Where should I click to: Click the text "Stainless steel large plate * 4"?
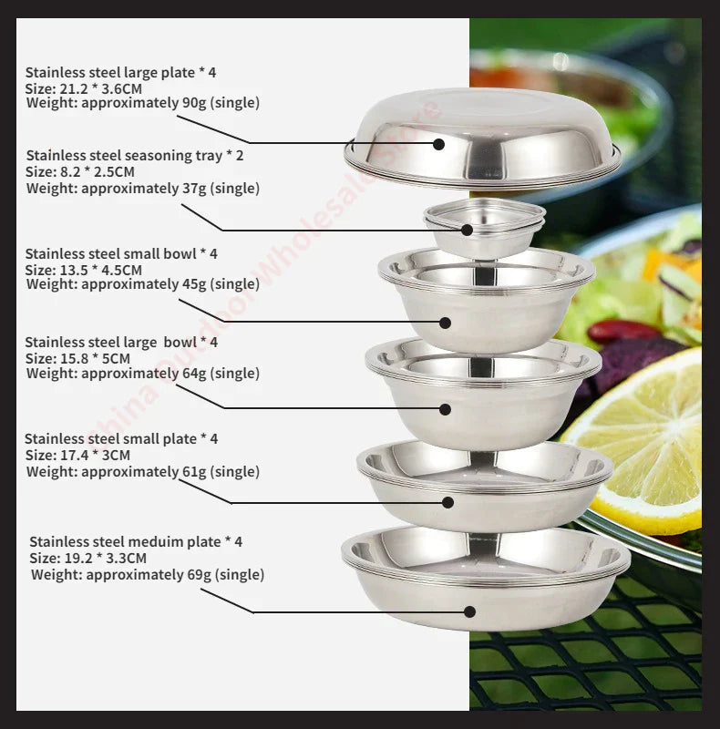[x=120, y=72]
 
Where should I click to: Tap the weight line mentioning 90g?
[x=142, y=103]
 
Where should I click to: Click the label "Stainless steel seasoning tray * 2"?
[x=135, y=156]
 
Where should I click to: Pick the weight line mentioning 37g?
[x=142, y=189]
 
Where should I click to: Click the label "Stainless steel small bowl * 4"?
[x=121, y=253]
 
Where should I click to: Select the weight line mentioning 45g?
[x=142, y=284]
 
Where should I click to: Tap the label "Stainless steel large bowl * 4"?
[x=121, y=342]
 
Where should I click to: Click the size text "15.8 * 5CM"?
[x=93, y=358]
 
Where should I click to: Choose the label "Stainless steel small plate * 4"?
[x=121, y=438]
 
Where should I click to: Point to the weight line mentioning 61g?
[x=142, y=472]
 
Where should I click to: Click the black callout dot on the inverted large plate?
[x=438, y=144]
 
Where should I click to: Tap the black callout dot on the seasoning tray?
[x=468, y=230]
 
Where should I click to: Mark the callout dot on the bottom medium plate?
[x=469, y=611]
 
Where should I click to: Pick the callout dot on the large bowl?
[x=445, y=409]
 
